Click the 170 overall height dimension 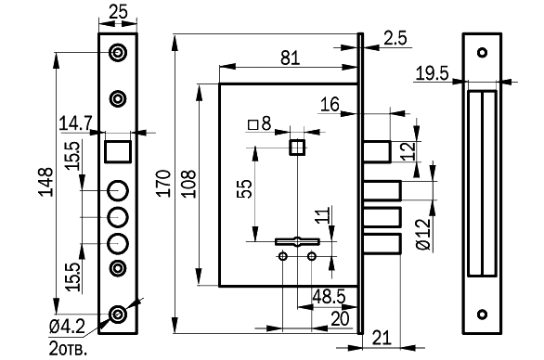pyautogui.click(x=163, y=184)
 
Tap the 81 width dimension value pyautogui.click(x=290, y=58)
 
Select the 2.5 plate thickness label pyautogui.click(x=395, y=38)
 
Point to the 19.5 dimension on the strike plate pyautogui.click(x=432, y=73)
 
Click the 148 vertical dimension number pyautogui.click(x=46, y=183)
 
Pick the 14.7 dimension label pyautogui.click(x=75, y=123)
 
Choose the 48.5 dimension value pyautogui.click(x=329, y=297)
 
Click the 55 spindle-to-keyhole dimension pyautogui.click(x=245, y=188)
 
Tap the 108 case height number pyautogui.click(x=189, y=184)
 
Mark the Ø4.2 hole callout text pyautogui.click(x=67, y=326)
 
